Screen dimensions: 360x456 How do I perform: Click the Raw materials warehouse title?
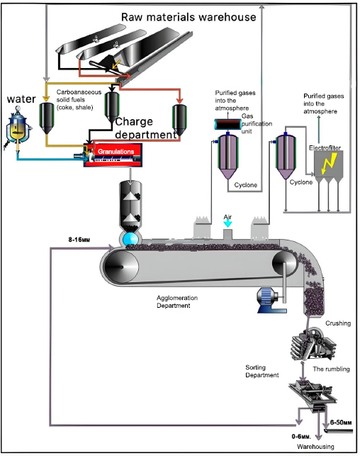[x=189, y=17]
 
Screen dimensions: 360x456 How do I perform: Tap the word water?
[x=21, y=99]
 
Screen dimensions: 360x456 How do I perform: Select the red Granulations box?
[x=113, y=155]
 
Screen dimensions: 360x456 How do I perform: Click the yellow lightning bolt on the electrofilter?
[x=329, y=164]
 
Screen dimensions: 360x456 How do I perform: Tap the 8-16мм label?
[x=79, y=240]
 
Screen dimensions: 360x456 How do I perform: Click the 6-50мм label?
[x=341, y=423]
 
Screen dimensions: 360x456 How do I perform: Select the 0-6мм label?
[x=301, y=437]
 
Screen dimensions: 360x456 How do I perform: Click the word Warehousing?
[x=315, y=446]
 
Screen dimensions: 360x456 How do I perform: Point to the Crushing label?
[x=338, y=323]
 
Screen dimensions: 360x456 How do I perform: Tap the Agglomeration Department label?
[x=177, y=301]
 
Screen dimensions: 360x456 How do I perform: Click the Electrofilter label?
[x=325, y=148]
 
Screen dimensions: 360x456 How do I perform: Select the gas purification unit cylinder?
[x=228, y=125]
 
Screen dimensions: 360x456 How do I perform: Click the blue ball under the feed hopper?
[x=130, y=239]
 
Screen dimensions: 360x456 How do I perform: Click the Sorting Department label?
[x=261, y=371]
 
